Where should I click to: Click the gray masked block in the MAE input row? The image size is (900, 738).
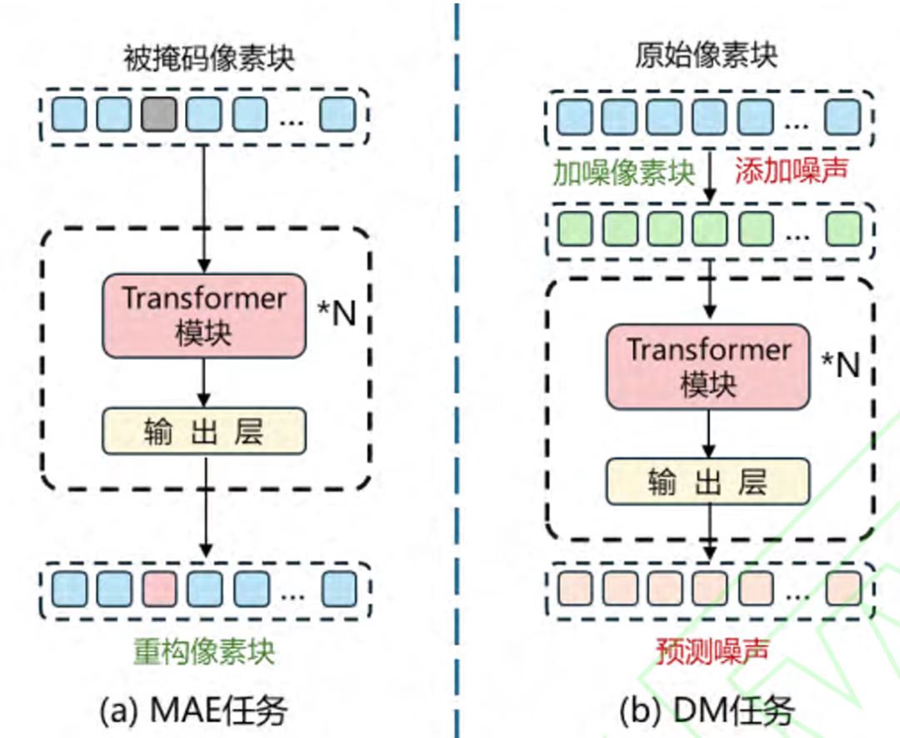point(158,114)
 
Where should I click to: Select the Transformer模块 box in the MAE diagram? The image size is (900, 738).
point(204,316)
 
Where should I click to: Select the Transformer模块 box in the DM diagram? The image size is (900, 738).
point(707,367)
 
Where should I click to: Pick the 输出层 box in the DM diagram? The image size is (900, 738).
point(707,481)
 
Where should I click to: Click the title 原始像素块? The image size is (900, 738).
point(707,55)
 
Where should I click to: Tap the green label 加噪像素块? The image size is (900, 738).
point(623,172)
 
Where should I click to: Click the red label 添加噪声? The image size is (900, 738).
point(791,172)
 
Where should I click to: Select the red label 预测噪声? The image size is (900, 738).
point(707,651)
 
